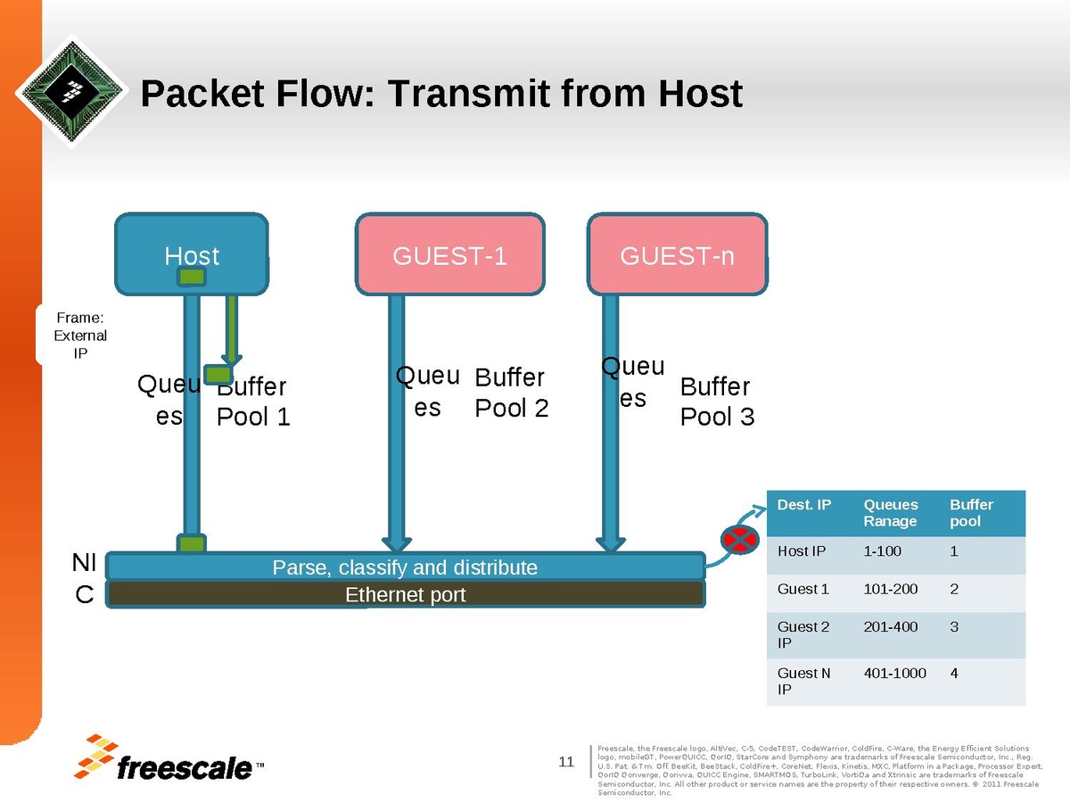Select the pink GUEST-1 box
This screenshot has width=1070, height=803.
pyautogui.click(x=449, y=256)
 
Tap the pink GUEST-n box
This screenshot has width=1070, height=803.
pyautogui.click(x=677, y=256)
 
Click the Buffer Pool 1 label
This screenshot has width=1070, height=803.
pyautogui.click(x=253, y=401)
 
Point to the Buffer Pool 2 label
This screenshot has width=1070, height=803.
pyautogui.click(x=511, y=393)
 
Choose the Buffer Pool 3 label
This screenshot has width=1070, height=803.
pyautogui.click(x=717, y=401)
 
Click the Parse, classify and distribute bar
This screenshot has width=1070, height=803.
pyautogui.click(x=405, y=567)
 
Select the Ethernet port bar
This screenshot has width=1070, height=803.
pyautogui.click(x=405, y=594)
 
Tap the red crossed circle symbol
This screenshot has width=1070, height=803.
pyautogui.click(x=738, y=538)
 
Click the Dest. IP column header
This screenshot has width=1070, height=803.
pyautogui.click(x=804, y=505)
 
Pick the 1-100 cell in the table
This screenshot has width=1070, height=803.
pyautogui.click(x=883, y=551)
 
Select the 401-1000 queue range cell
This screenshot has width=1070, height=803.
pyautogui.click(x=894, y=673)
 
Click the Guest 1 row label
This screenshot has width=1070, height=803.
pyautogui.click(x=803, y=589)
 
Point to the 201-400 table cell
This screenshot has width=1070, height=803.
pyautogui.click(x=890, y=626)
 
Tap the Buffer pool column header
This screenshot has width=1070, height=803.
pyautogui.click(x=971, y=513)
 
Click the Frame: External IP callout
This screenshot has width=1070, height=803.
pyautogui.click(x=81, y=335)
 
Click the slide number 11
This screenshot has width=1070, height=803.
pyautogui.click(x=565, y=761)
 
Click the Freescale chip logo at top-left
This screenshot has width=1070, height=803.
pyautogui.click(x=72, y=90)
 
